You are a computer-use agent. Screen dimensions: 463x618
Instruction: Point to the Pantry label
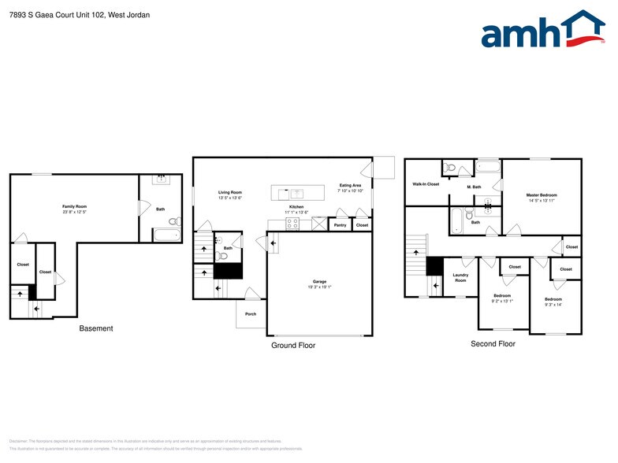coord(340,226)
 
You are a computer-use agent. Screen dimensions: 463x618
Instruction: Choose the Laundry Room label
coord(460,278)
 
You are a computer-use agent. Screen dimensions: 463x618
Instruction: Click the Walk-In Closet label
coord(426,183)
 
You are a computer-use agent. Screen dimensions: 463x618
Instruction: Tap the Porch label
coord(251,314)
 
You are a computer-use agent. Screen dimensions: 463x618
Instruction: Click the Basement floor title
coord(95,328)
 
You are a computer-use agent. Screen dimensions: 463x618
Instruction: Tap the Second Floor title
coord(493,344)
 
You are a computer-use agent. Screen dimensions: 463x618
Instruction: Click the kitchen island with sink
coord(297,193)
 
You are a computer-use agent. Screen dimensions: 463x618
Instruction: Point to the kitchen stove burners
coord(292,224)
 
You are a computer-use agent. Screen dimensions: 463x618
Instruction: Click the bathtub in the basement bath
coord(166,234)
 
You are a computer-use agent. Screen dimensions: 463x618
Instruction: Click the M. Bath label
coord(474,187)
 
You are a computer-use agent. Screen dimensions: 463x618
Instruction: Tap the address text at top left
coord(76,15)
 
